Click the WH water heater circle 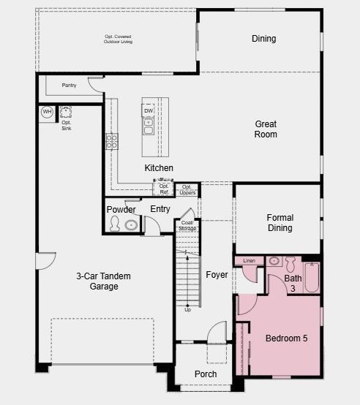point(47,112)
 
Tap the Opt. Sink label point(67,126)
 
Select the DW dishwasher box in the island point(148,110)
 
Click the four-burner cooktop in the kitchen point(112,141)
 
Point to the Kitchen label point(159,168)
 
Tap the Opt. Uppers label point(187,190)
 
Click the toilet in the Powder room point(114,224)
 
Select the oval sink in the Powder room point(131,225)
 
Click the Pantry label point(69,86)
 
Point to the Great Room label point(266,129)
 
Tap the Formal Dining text point(280,223)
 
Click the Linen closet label point(249,260)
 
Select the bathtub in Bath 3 point(312,276)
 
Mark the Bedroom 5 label point(286,338)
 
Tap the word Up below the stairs point(187,309)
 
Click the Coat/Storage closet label point(187,225)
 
